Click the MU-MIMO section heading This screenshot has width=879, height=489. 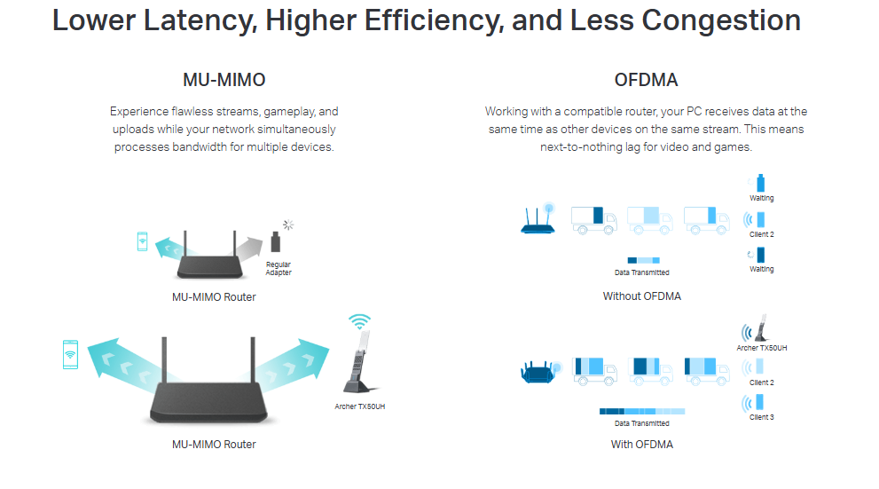pos(224,80)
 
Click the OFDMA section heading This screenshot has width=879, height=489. pos(646,80)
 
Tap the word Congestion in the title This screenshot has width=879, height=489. pos(721,20)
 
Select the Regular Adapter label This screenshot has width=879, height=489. pos(279,268)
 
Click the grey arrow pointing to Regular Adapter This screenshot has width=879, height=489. pos(249,248)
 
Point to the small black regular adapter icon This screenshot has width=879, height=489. pos(275,241)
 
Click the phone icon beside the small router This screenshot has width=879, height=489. pos(143,241)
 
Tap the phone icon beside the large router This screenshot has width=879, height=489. pos(71,354)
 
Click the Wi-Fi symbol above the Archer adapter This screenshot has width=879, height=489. pos(359,321)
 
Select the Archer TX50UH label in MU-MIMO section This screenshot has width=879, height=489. pos(360,406)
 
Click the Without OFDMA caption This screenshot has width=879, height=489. pos(642,296)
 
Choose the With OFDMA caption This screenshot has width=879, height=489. pos(642,444)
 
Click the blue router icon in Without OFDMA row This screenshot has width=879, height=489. pos(538,218)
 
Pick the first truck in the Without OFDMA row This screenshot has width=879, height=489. pos(593,220)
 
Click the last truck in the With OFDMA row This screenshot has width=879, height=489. pos(707,371)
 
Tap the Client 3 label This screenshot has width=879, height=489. pos(761,417)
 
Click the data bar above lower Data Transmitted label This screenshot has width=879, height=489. pos(642,412)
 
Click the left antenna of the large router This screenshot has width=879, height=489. pos(164,360)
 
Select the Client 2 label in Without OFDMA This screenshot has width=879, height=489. pos(761,234)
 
